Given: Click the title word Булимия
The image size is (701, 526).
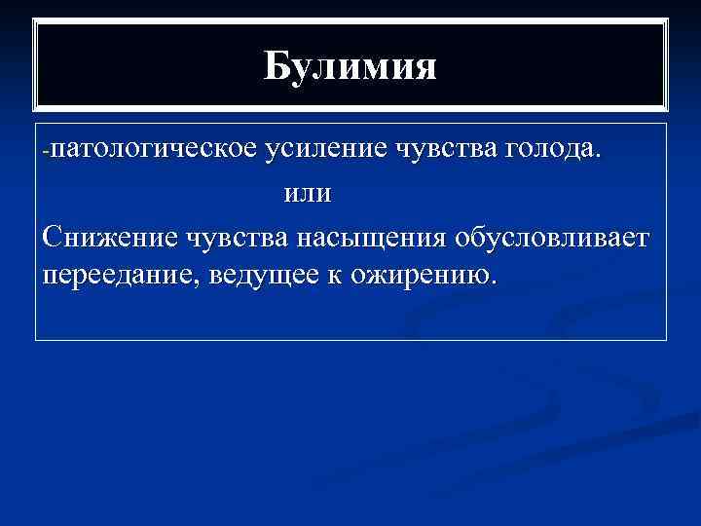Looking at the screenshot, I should (x=350, y=67).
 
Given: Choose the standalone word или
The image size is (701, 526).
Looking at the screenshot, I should (x=307, y=193).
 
